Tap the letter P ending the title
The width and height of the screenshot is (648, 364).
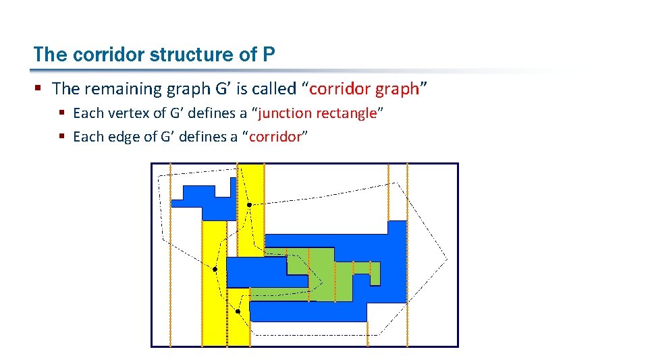[x=269, y=54]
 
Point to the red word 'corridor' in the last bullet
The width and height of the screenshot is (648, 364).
[x=275, y=137]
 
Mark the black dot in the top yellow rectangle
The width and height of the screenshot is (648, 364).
[x=249, y=204]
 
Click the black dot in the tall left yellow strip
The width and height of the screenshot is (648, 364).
[x=215, y=270]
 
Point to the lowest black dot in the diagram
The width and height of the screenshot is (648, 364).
[x=238, y=311]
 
